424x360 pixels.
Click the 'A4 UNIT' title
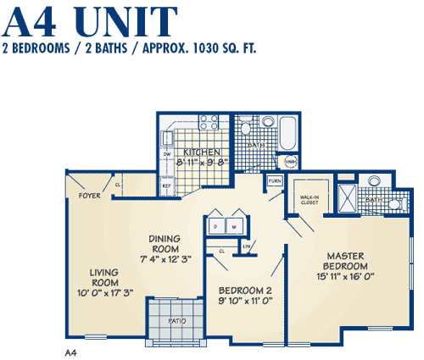92,19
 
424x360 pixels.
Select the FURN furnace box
275,181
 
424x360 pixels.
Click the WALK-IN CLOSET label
309,200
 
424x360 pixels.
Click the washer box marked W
235,228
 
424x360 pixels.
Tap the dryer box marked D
216,228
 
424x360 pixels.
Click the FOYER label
90,196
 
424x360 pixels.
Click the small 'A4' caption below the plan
71,351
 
